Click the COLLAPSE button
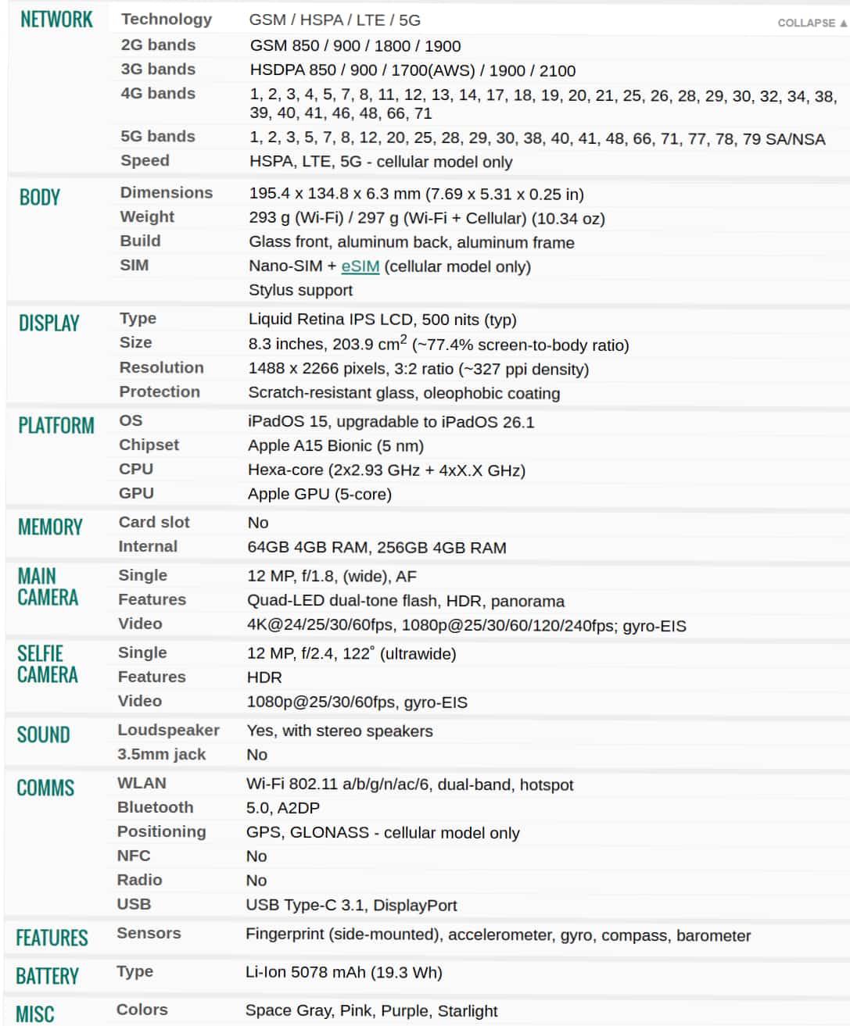click(811, 23)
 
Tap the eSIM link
click(360, 266)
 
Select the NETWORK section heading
click(56, 20)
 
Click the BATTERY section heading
click(47, 976)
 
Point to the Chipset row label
click(149, 445)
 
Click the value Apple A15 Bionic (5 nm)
click(335, 445)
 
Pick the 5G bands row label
click(157, 136)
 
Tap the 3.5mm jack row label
click(161, 754)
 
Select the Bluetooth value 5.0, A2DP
click(282, 808)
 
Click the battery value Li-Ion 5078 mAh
click(343, 972)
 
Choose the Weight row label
click(147, 216)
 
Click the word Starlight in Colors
click(467, 1010)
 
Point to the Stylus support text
click(300, 290)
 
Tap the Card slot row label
click(154, 522)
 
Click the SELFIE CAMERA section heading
click(47, 664)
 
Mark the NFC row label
click(134, 856)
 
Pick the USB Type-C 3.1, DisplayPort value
click(351, 905)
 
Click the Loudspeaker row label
click(168, 730)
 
